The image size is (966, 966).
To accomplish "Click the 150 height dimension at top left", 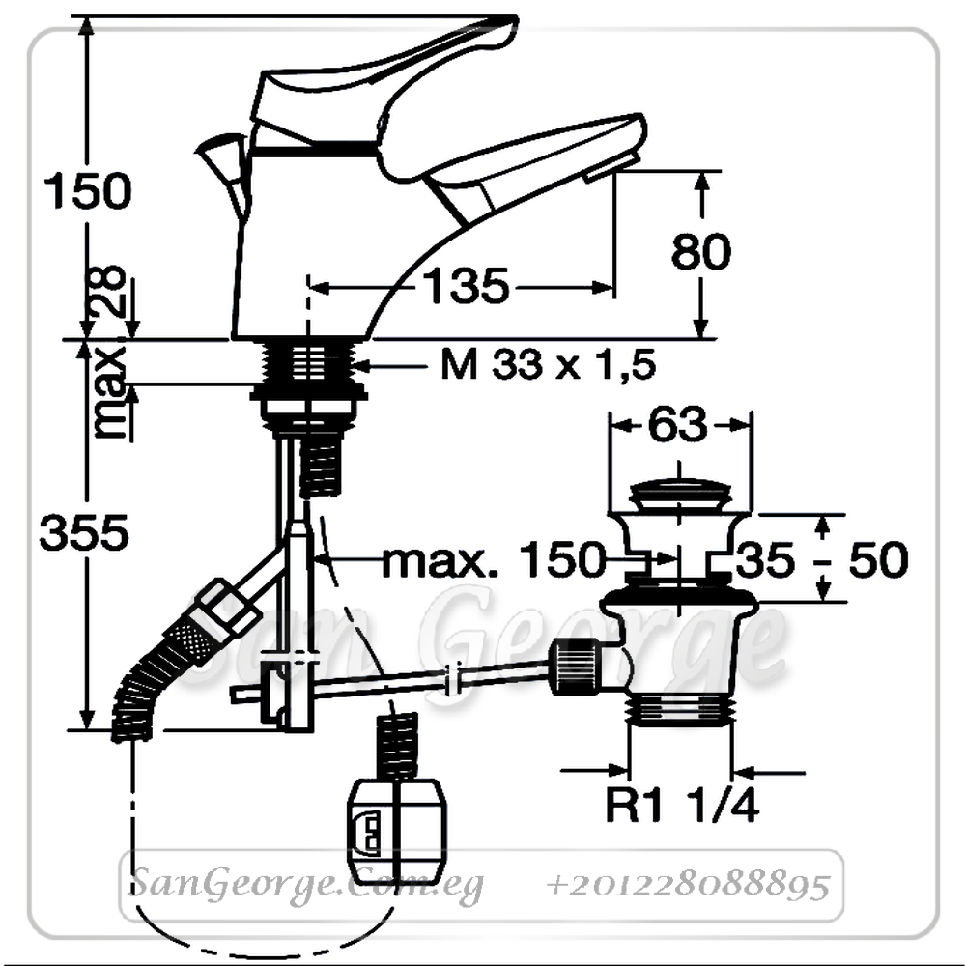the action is [x=88, y=191].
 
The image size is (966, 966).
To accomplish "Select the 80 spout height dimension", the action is [x=701, y=251].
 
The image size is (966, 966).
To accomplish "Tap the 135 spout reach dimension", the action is [x=467, y=287].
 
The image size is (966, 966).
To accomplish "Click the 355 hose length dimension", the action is [x=84, y=533].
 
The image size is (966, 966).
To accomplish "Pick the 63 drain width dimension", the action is [x=678, y=424].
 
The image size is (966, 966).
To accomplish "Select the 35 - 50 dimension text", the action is [x=822, y=559].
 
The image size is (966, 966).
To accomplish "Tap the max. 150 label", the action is [x=494, y=560].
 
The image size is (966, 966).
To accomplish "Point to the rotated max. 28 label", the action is [x=109, y=352].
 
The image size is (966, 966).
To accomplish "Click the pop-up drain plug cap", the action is [x=679, y=497].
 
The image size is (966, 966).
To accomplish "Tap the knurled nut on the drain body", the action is [x=575, y=668].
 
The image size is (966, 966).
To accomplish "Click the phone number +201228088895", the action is [x=688, y=886].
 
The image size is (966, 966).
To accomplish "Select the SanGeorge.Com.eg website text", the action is [x=307, y=886].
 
